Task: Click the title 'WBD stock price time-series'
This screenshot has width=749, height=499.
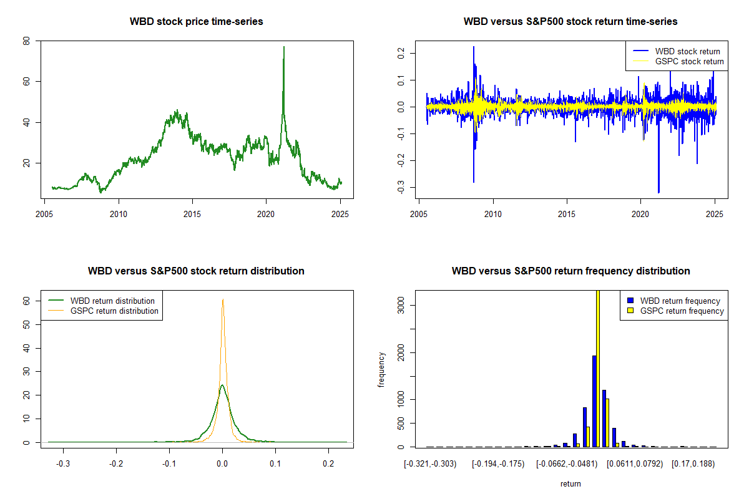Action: pyautogui.click(x=196, y=21)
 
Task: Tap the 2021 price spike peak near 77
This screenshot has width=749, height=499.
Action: pyautogui.click(x=284, y=47)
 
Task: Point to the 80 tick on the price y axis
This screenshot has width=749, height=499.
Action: pyautogui.click(x=26, y=41)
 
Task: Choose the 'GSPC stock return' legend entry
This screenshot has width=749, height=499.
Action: pyautogui.click(x=689, y=61)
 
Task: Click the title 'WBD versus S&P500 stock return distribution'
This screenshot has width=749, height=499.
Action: pyautogui.click(x=196, y=271)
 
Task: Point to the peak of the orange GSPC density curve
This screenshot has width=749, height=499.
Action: pyautogui.click(x=222, y=299)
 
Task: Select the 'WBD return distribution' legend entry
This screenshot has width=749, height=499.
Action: pyautogui.click(x=112, y=301)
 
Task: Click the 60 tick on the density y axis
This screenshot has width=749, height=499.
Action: pyautogui.click(x=26, y=300)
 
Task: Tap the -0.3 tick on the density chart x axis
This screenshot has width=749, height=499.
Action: pyautogui.click(x=63, y=465)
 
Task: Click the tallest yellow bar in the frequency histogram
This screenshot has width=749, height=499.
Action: pyautogui.click(x=597, y=368)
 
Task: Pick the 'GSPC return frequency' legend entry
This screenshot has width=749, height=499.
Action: pyautogui.click(x=682, y=311)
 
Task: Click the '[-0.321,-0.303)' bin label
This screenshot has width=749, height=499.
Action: pyautogui.click(x=430, y=464)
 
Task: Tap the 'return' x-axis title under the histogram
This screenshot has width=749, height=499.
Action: pyautogui.click(x=570, y=483)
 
